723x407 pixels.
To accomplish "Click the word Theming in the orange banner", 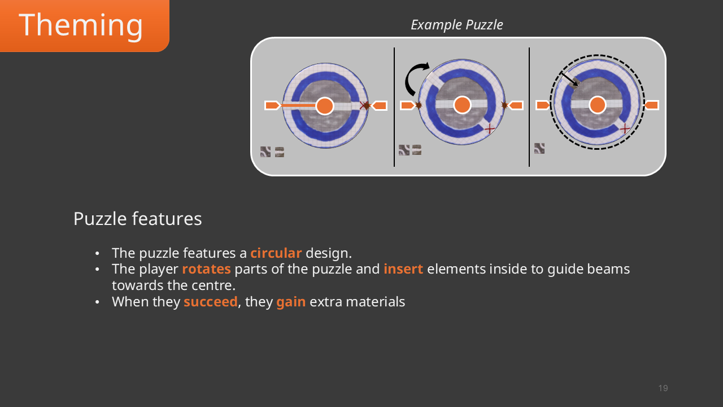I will (x=81, y=25).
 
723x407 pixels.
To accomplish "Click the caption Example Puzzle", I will (x=456, y=25).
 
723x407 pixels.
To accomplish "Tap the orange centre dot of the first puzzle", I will (x=325, y=106).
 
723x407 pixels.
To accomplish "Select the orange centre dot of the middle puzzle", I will (x=462, y=105).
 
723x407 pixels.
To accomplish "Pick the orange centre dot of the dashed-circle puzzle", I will (x=598, y=105).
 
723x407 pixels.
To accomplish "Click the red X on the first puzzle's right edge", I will (x=365, y=106).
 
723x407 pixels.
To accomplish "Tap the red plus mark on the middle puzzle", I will (x=490, y=129).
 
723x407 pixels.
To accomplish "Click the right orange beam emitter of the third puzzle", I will (x=651, y=105).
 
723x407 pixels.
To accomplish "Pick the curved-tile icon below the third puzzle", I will (x=539, y=149).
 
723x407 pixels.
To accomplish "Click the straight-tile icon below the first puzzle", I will (x=280, y=152).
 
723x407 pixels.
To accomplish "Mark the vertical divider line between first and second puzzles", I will (x=394, y=107).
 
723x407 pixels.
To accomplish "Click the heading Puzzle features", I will (x=137, y=219).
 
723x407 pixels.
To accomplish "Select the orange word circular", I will (x=276, y=253).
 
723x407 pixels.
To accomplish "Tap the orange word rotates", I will (x=206, y=269).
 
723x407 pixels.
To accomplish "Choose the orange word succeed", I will (x=210, y=302).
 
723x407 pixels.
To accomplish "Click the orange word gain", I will (x=291, y=302).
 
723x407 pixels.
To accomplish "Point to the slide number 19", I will (x=663, y=388).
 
